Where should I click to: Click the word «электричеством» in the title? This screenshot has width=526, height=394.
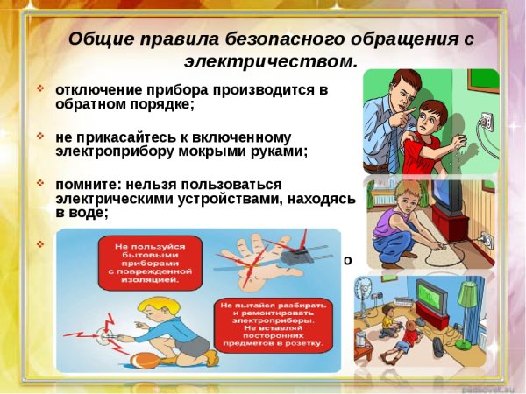click(x=271, y=62)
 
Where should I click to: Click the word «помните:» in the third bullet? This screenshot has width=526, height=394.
click(x=87, y=185)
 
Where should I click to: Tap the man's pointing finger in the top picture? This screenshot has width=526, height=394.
click(x=411, y=116)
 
